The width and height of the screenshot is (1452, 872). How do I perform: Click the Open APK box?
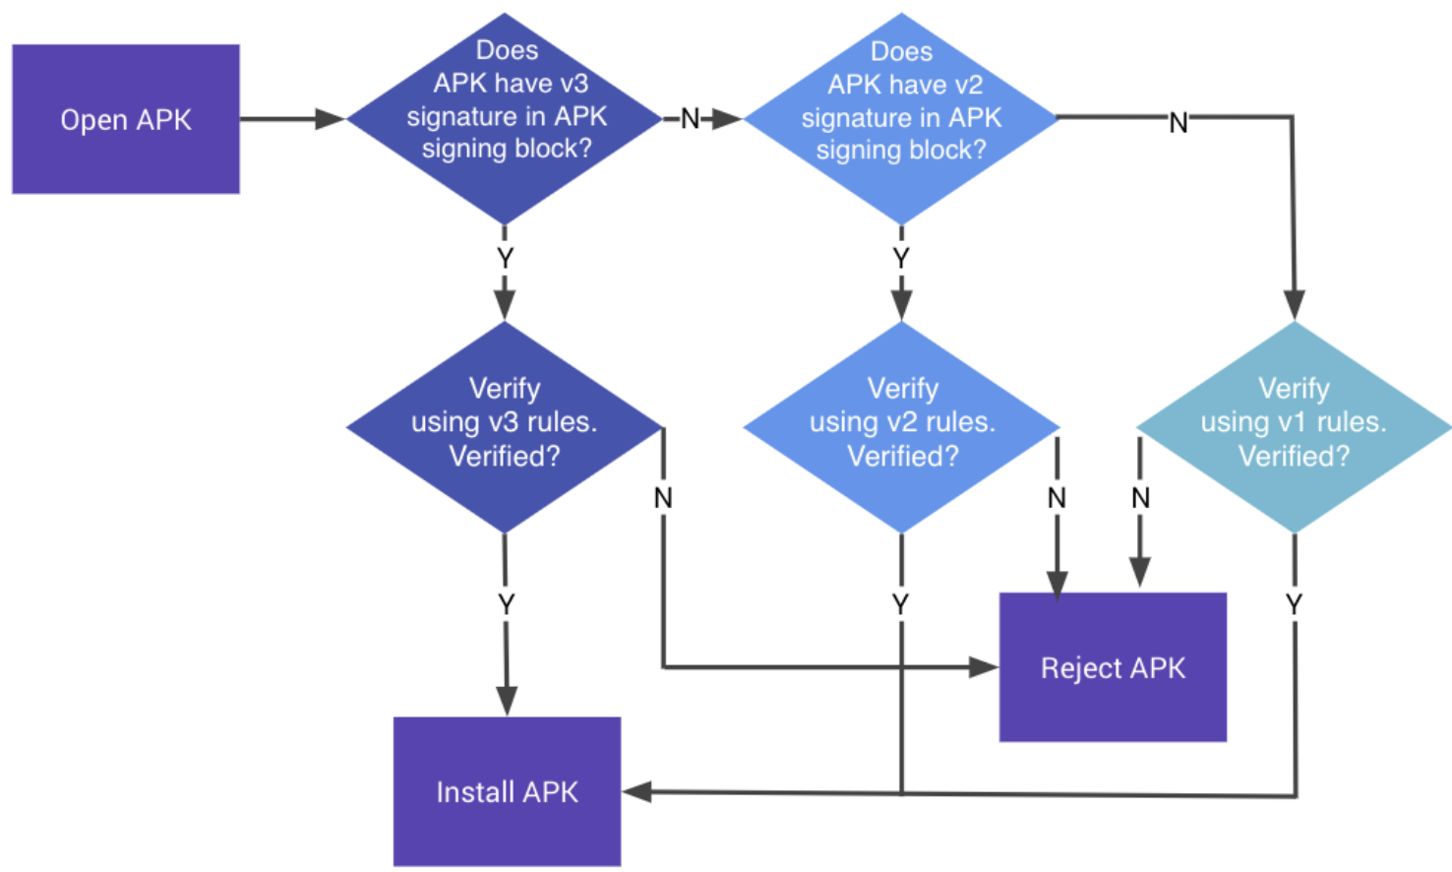coord(126,119)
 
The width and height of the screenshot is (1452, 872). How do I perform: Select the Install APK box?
coord(507,791)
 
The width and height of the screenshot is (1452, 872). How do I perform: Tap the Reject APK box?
coord(1113,667)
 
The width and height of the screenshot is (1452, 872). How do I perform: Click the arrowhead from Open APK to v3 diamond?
coord(330,119)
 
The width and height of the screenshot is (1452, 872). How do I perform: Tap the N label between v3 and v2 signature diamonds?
coord(690,119)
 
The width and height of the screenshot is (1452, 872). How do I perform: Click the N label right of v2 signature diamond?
coord(1178,123)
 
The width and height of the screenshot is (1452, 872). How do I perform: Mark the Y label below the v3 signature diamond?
coord(505,258)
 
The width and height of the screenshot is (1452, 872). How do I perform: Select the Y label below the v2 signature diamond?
coord(900,258)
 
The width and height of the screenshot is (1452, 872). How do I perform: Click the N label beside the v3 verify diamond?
coord(663,498)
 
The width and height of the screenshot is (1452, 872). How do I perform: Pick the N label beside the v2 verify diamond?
coord(1057,498)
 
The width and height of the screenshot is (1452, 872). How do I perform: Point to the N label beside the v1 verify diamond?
coord(1140,498)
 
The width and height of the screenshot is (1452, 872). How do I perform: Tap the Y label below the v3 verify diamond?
coord(506,603)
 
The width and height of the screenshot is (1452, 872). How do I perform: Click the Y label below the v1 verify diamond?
coord(1294,603)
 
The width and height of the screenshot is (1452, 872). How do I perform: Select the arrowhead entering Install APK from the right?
coord(637,791)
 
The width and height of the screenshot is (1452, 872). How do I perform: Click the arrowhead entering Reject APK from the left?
coord(983,667)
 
